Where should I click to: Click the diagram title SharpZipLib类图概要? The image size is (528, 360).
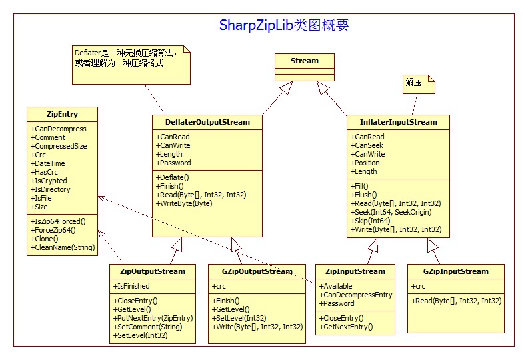[x=284, y=26]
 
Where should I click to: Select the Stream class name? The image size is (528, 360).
[x=305, y=61]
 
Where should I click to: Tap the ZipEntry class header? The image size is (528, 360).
[x=63, y=114]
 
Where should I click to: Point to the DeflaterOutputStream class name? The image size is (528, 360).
[x=207, y=122]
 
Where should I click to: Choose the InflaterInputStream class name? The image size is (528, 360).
[x=399, y=122]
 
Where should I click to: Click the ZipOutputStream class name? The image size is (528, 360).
[x=153, y=271]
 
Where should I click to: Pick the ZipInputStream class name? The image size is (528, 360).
[x=355, y=271]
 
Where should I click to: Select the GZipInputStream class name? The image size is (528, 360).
[x=456, y=271]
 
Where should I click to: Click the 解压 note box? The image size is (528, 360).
[x=414, y=83]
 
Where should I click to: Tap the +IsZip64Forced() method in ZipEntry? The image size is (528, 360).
[x=63, y=221]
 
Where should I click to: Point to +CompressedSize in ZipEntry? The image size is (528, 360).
[x=59, y=146]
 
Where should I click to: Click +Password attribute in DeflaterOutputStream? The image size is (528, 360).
[x=173, y=163]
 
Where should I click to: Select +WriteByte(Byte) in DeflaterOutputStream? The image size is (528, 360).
[x=184, y=203]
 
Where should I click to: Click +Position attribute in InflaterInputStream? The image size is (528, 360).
[x=365, y=163]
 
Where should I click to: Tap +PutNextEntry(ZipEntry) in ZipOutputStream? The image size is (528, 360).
[x=152, y=318]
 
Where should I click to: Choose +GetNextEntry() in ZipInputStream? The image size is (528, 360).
[x=347, y=327]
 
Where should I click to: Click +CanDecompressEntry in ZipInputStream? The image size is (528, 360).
[x=356, y=295]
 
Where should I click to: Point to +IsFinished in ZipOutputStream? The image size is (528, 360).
[x=132, y=286]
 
